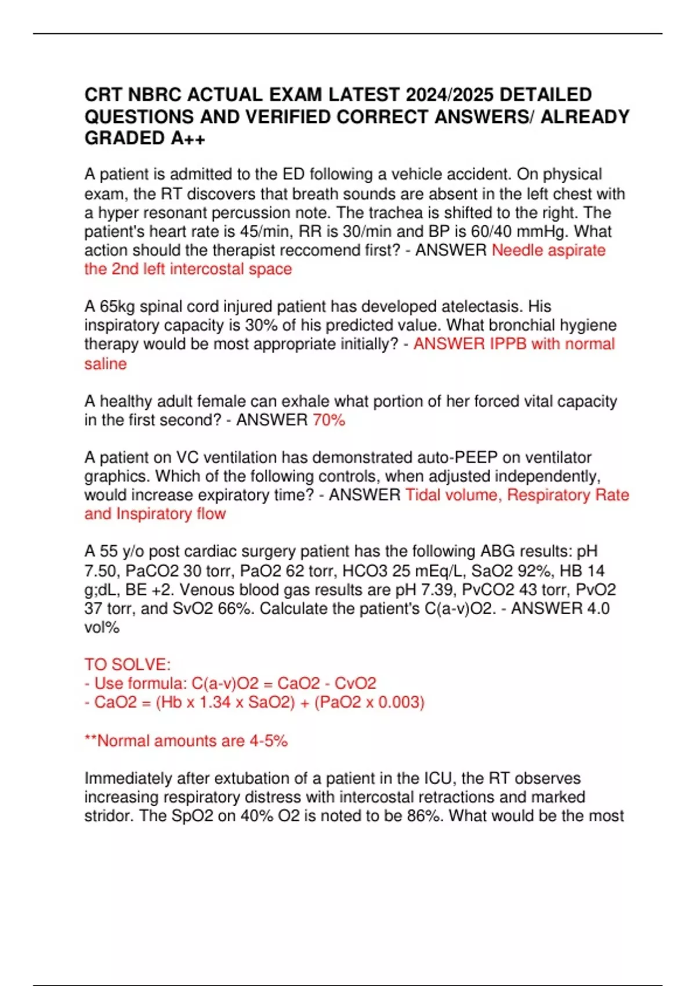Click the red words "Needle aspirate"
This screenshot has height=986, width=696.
(x=548, y=250)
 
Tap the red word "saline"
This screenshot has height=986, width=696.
(x=106, y=364)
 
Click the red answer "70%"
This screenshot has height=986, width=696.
(x=329, y=420)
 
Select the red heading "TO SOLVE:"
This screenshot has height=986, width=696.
(x=128, y=664)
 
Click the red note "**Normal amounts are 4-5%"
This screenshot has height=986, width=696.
(x=186, y=741)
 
